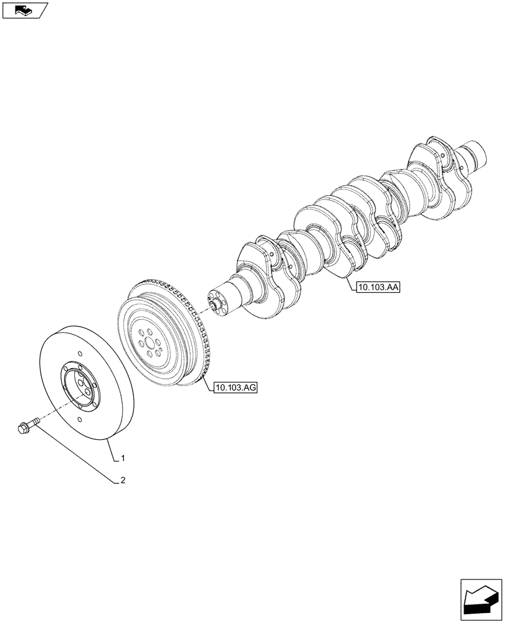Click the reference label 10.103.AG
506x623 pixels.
(236, 388)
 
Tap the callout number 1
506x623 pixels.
(123, 459)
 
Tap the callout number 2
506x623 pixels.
(123, 480)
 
